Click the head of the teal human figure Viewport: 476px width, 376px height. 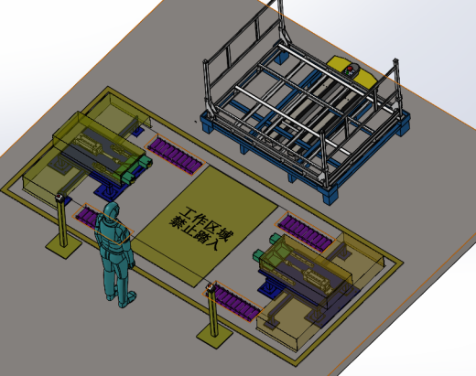click(x=112, y=210)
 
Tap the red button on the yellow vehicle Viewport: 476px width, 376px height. click(x=350, y=69)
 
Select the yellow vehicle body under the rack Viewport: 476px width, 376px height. click(x=351, y=70)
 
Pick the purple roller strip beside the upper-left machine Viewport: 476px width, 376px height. click(x=175, y=155)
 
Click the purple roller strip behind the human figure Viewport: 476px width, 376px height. click(x=89, y=217)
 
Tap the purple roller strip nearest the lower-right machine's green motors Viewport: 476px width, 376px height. click(x=306, y=232)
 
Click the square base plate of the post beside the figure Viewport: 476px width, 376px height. click(x=64, y=246)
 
